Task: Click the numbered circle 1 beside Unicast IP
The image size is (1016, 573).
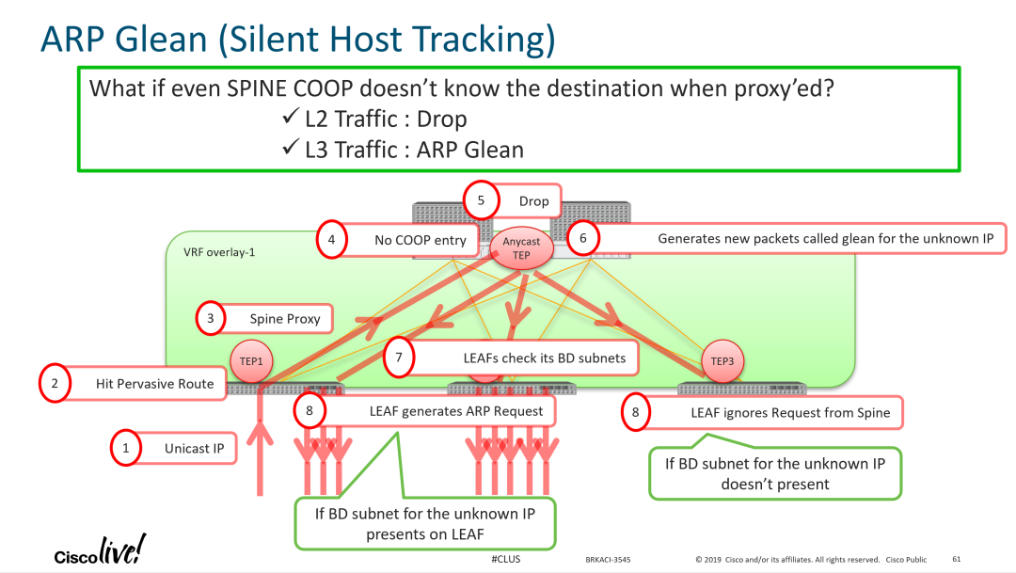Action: (x=126, y=448)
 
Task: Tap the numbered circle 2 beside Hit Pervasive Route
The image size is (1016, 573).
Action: (x=55, y=384)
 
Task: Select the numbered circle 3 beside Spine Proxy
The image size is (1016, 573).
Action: (x=211, y=319)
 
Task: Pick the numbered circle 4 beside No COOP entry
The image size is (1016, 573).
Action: (x=331, y=239)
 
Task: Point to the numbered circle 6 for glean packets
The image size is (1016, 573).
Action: (x=583, y=238)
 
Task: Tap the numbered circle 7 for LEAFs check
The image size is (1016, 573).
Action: (x=400, y=358)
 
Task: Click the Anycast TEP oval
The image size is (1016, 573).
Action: (x=521, y=248)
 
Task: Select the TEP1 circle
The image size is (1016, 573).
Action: (x=252, y=361)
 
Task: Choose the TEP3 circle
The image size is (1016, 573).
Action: (x=722, y=361)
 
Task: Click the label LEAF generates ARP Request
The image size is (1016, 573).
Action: (x=456, y=410)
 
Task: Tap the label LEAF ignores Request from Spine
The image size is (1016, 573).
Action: (x=790, y=412)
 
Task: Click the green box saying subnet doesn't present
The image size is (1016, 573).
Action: (x=775, y=473)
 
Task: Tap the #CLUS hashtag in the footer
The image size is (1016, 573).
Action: (x=505, y=559)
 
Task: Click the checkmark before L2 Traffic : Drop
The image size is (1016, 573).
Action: (x=289, y=119)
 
